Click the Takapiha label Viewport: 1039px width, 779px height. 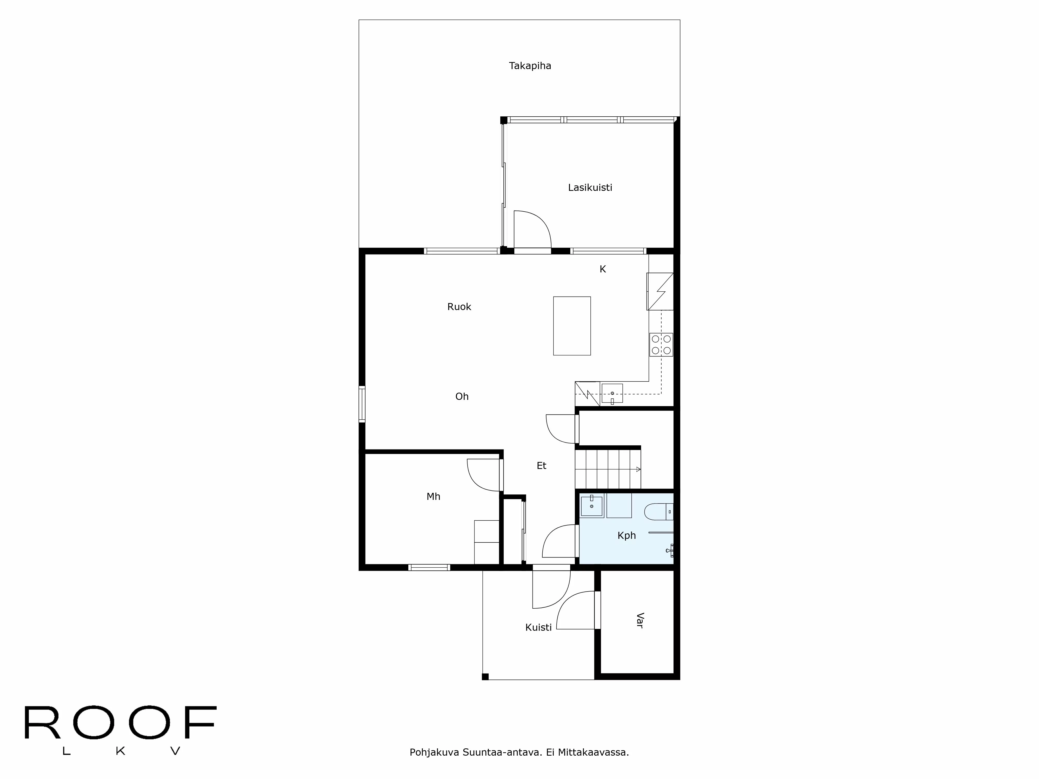tap(530, 66)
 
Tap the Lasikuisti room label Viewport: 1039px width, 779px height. tap(590, 187)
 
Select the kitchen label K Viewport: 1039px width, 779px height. tap(603, 269)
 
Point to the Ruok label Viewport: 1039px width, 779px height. tap(459, 307)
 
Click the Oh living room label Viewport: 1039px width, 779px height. tap(462, 396)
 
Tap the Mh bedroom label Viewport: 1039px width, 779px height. tap(433, 496)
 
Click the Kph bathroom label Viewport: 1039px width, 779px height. tap(627, 535)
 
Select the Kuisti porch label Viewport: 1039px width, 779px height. tap(538, 627)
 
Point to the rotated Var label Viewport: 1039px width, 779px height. tap(639, 620)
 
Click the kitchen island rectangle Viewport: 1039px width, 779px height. tap(572, 326)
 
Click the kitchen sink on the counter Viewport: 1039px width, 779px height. tap(612, 393)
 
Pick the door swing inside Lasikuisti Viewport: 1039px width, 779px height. tap(533, 229)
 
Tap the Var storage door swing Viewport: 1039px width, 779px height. tap(576, 610)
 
